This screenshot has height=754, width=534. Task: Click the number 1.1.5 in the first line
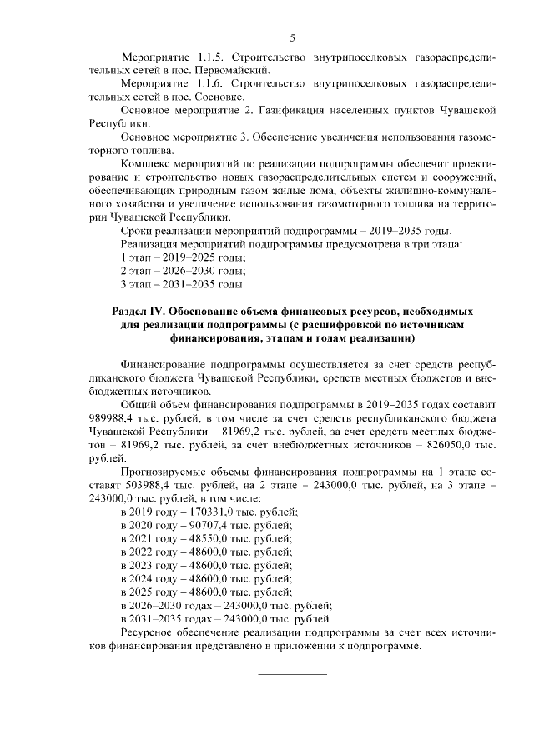point(199,57)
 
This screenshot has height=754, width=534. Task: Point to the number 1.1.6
point(199,84)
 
